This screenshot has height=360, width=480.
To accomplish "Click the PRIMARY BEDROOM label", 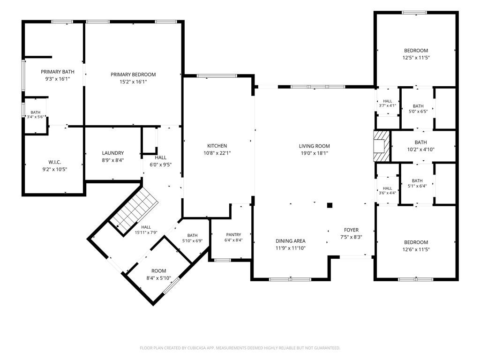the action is pyautogui.click(x=133, y=75).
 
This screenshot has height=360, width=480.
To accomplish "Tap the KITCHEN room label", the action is pyautogui.click(x=217, y=146).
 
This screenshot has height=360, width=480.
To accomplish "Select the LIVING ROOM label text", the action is pyautogui.click(x=315, y=146).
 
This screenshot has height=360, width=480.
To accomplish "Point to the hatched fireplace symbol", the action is pyautogui.click(x=382, y=146).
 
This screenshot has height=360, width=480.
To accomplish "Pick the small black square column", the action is pyautogui.click(x=330, y=205).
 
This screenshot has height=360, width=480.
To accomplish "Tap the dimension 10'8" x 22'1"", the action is pyautogui.click(x=217, y=153).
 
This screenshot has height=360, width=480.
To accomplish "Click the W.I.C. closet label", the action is pyautogui.click(x=54, y=162).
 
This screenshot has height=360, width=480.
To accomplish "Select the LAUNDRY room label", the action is pyautogui.click(x=113, y=153).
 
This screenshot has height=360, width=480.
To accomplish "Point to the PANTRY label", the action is pyautogui.click(x=233, y=234).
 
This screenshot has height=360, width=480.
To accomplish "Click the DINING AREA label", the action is pyautogui.click(x=291, y=241).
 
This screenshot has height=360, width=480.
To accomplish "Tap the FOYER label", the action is pyautogui.click(x=351, y=230).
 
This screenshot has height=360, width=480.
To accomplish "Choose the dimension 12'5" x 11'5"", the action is pyautogui.click(x=416, y=58).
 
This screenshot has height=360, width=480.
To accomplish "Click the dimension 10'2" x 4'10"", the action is pyautogui.click(x=420, y=150).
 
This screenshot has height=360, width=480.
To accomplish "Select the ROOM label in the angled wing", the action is pyautogui.click(x=158, y=271).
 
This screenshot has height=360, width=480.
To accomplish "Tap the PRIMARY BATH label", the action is pyautogui.click(x=58, y=72).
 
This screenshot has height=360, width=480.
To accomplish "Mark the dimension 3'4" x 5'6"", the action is pyautogui.click(x=36, y=117).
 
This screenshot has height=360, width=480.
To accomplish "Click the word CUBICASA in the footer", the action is pyautogui.click(x=199, y=348).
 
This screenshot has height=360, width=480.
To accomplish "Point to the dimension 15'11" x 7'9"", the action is pyautogui.click(x=146, y=232).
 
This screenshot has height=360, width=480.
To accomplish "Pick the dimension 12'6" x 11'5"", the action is pyautogui.click(x=416, y=249).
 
